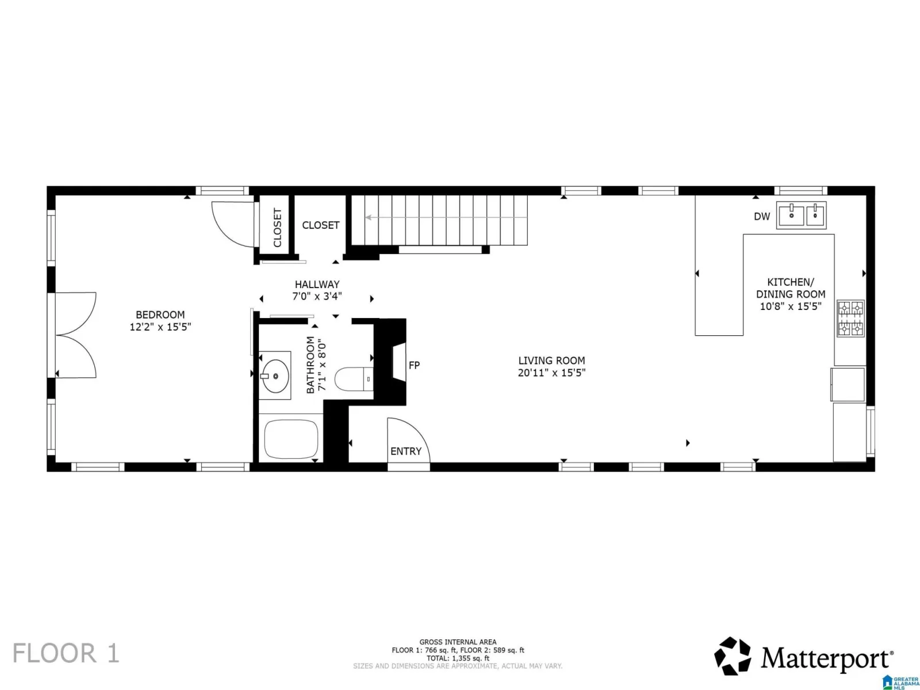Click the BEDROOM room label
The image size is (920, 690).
coord(160,315)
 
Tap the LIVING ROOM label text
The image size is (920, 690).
coord(551,361)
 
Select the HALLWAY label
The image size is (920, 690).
coord(317,285)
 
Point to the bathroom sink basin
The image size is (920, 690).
coord(275,376)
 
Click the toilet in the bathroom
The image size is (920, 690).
coord(354,379)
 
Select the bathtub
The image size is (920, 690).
coord(291,439)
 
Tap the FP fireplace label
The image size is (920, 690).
coord(414,365)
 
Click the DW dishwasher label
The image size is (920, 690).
coord(762,217)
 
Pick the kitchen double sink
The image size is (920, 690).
coord(801,215)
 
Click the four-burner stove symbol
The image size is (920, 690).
coord(850,319)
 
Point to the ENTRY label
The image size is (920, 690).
coord(406,451)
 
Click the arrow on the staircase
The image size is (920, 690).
coord(446,217)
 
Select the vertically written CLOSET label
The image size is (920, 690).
coord(277,228)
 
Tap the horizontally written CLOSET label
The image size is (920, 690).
coord(321,225)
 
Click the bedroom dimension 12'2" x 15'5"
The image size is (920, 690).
coord(160,327)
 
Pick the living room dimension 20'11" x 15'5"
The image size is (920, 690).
coord(551,373)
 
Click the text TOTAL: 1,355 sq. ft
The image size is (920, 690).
coord(458,658)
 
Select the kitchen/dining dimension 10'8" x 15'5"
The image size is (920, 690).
coord(791,306)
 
